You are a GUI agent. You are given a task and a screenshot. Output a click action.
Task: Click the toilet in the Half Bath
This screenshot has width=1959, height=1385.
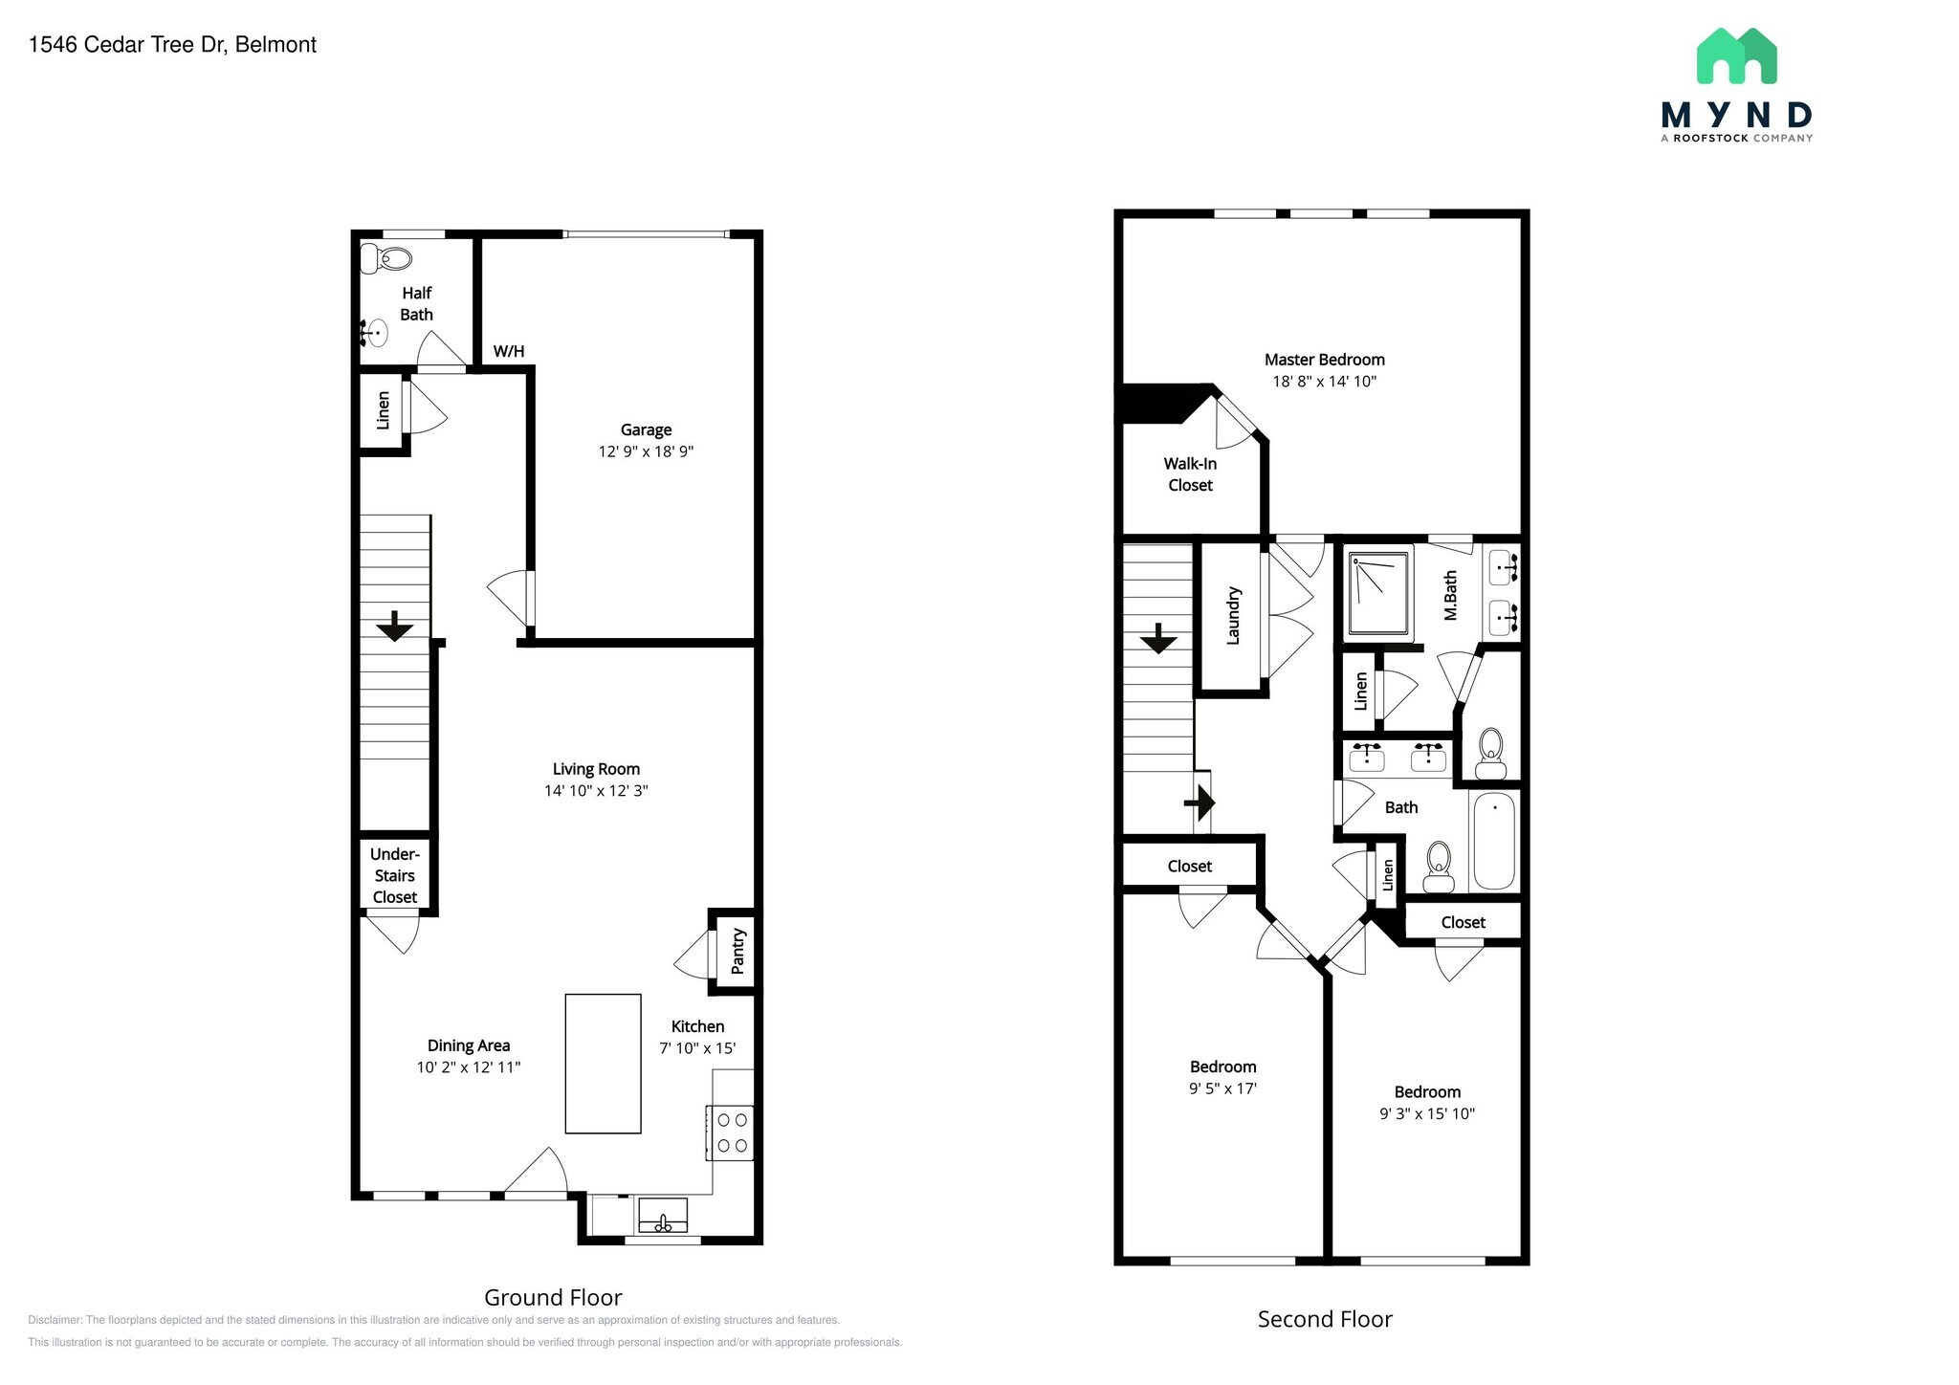coord(386,258)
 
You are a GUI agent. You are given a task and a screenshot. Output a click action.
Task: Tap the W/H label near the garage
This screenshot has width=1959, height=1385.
coord(509,351)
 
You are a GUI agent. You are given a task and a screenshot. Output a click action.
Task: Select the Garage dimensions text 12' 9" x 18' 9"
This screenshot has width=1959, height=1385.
coord(646,451)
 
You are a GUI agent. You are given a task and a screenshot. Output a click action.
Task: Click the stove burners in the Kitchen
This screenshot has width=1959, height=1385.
coord(732,1132)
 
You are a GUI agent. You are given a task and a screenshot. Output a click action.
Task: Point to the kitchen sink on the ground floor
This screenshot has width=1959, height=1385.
coord(662,1217)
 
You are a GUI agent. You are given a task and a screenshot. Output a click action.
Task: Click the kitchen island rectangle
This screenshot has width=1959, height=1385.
coord(603,1064)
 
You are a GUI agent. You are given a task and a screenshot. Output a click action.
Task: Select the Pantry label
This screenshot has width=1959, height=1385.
coord(737,951)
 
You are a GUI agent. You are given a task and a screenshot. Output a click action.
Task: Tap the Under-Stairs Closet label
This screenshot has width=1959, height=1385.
coord(395,875)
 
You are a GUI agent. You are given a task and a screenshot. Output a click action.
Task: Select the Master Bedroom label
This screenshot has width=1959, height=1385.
coord(1324,360)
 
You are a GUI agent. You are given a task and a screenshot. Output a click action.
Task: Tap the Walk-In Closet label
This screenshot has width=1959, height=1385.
coord(1190,474)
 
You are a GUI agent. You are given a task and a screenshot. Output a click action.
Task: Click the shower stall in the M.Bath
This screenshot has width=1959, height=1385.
coord(1379,593)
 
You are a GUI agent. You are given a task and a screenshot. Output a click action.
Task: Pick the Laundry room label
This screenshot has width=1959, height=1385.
coord(1233,616)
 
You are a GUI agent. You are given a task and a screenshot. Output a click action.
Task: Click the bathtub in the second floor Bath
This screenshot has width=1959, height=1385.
coord(1494,841)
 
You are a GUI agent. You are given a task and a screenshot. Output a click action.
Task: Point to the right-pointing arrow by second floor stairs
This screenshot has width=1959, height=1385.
coord(1200,802)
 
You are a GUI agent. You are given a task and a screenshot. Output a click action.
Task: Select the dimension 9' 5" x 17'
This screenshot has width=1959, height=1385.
coord(1222,1088)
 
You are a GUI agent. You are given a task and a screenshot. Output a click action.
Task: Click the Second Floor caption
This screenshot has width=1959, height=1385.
coord(1324,1319)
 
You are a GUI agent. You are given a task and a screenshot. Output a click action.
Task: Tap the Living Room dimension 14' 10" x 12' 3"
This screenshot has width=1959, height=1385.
coord(596,791)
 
